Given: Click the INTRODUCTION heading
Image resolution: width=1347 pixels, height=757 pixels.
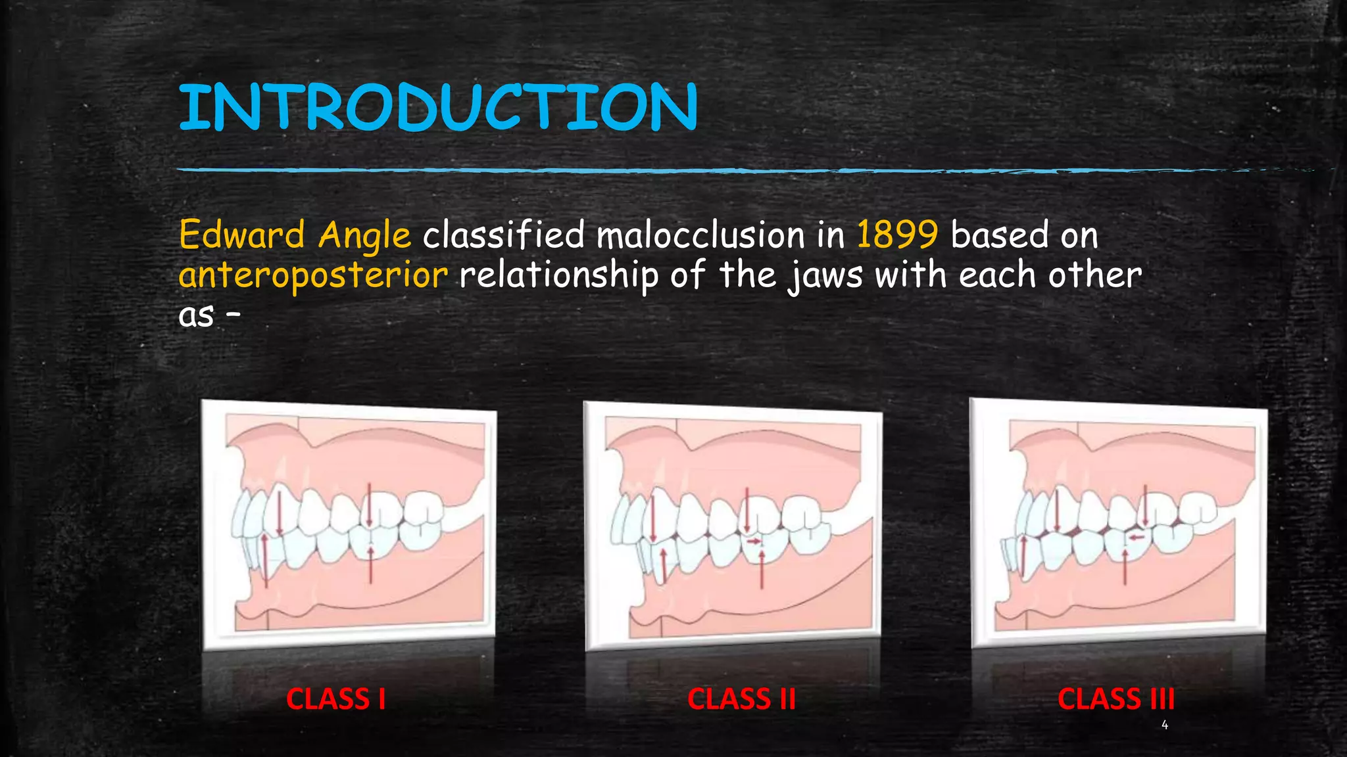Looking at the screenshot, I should click(437, 106).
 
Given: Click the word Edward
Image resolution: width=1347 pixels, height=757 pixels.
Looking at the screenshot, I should click(242, 235).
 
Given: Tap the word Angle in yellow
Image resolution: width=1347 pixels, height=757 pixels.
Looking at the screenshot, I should click(364, 236).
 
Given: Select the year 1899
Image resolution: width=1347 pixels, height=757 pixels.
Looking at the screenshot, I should click(897, 235).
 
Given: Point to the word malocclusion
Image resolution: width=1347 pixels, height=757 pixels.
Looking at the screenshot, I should click(700, 235).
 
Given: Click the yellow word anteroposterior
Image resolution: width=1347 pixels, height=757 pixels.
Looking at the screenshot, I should click(313, 275).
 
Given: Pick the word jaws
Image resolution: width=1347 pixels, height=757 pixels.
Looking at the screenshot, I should click(825, 275).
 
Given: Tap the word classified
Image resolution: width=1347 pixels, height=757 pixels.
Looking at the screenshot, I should click(503, 235).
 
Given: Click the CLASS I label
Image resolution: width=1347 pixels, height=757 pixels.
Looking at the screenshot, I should click(335, 699).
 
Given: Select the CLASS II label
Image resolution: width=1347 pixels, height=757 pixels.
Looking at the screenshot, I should click(741, 699).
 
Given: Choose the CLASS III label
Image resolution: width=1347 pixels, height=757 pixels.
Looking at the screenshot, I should click(1115, 699).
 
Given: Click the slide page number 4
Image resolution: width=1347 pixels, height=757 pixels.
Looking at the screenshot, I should click(1165, 725).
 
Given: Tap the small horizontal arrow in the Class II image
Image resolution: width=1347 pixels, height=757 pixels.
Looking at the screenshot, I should click(755, 541).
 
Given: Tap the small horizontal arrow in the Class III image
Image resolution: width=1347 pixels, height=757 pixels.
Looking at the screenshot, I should click(1137, 538).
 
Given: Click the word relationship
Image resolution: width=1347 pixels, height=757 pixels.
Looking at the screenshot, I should click(558, 275).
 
